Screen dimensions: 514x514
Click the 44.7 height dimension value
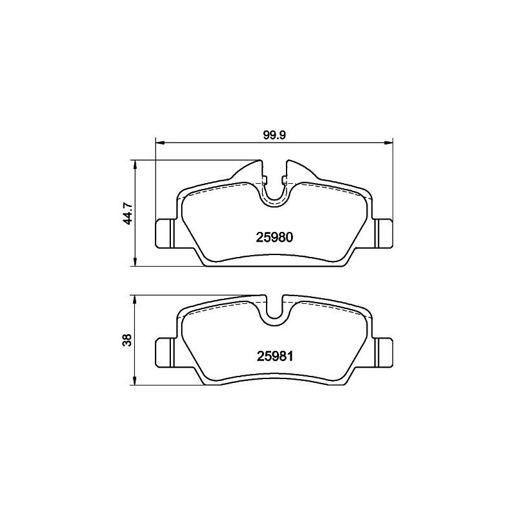pos(128,213)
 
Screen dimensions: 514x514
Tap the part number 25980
pos(276,236)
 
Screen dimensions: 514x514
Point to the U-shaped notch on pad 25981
pos(275,308)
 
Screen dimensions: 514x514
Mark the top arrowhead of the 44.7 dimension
pos(134,163)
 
